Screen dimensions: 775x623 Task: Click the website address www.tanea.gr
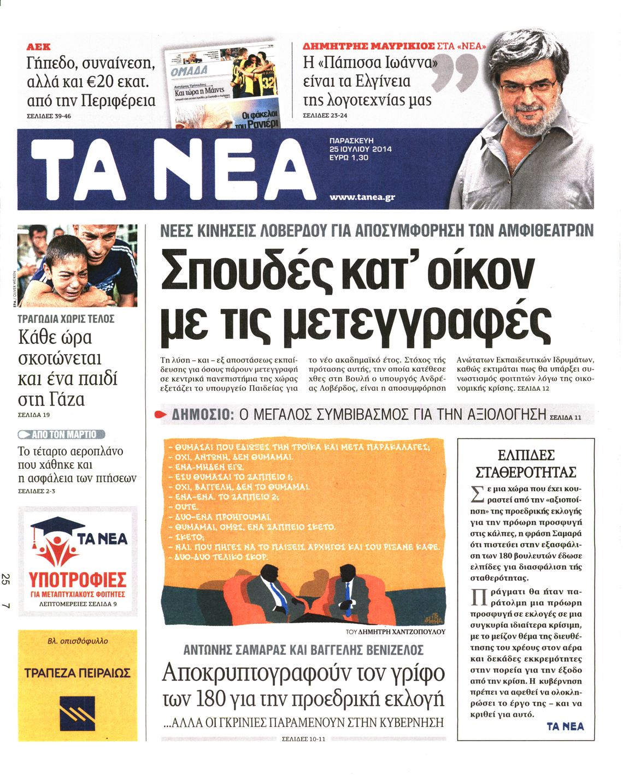pos(362,198)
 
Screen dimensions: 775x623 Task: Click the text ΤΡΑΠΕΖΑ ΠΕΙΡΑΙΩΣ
pos(77,672)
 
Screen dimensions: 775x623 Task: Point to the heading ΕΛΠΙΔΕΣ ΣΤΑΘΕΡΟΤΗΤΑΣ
pos(526,463)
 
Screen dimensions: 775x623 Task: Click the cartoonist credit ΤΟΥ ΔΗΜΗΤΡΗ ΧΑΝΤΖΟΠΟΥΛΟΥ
pos(396,631)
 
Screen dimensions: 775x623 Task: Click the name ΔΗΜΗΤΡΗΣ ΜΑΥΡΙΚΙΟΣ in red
pos(369,46)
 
